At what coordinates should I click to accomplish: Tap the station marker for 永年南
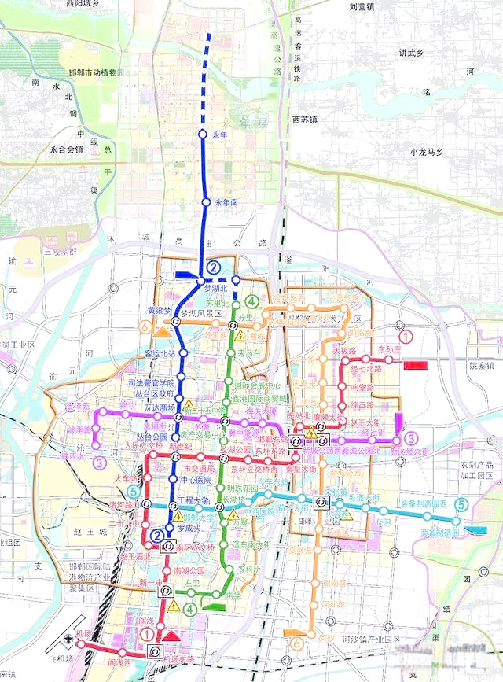click(x=206, y=202)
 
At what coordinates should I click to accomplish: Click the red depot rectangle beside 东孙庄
click(x=414, y=365)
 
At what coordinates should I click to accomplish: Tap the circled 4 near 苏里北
click(x=251, y=301)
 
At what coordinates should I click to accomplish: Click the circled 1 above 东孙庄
click(x=406, y=338)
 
